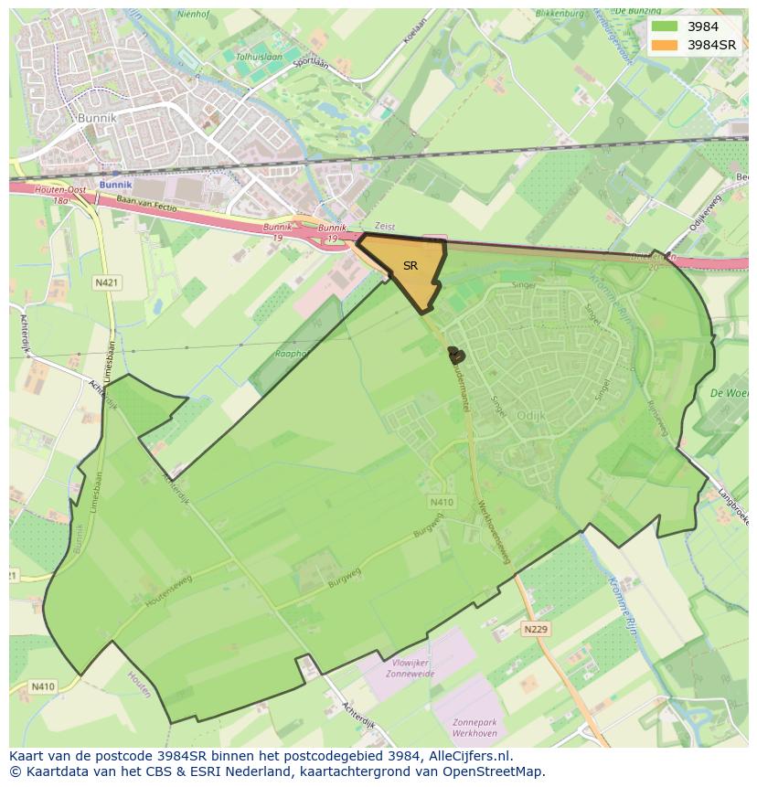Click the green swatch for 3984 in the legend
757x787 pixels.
(666, 27)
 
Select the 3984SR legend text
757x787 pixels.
(712, 45)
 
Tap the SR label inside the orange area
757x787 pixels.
(410, 266)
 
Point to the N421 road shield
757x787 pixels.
(106, 283)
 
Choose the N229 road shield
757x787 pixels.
(536, 629)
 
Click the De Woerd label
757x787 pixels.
(729, 393)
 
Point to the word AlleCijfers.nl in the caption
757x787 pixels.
(466, 756)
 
